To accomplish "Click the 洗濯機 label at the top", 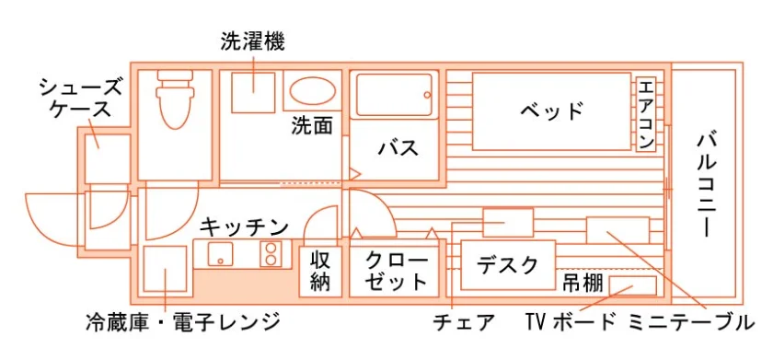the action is point(252,42).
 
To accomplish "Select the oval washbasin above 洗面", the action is point(313,91).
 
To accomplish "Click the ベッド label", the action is point(551,111).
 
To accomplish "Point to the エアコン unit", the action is point(646,115).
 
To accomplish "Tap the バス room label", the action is point(398,147).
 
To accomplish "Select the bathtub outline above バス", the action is point(394,95).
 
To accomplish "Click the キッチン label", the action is point(244,227).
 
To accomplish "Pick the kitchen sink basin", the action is point(220,254).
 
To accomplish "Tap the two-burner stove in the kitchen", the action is point(271,254).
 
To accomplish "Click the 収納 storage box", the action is point(320,271).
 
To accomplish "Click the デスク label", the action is point(507,266).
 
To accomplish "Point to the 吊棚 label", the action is point(583,283).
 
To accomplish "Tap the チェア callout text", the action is point(464,322).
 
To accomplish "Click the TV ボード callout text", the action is point(571,322).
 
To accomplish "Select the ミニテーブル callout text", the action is point(691,322).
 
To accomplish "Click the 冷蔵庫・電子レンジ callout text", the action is point(182,322).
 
